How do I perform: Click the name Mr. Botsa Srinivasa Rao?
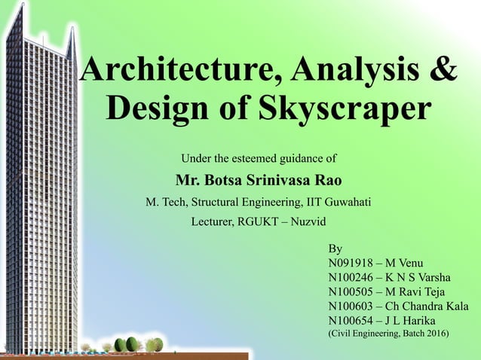[x=259, y=182]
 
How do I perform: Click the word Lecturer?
[x=217, y=222]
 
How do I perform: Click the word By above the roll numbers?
[x=336, y=249]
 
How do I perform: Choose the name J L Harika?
[x=410, y=320]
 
